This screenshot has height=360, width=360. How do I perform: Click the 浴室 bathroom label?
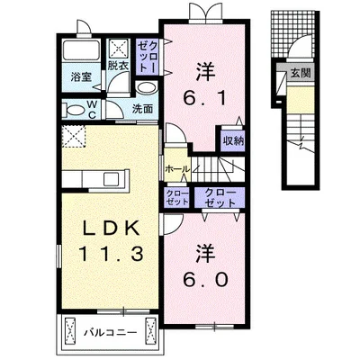click(x=81, y=77)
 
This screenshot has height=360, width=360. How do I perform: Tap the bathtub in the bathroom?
click(x=81, y=49)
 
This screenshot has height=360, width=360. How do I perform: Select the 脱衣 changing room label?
click(x=118, y=66)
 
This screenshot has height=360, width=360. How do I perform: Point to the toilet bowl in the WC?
click(x=75, y=110)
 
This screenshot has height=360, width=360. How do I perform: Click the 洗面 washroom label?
click(x=143, y=109)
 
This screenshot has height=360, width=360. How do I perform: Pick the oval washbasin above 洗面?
click(x=147, y=88)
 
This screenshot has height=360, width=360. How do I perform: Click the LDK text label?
click(x=111, y=229)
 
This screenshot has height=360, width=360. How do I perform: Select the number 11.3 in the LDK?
click(x=111, y=253)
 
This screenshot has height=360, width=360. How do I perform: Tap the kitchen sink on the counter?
click(x=112, y=180)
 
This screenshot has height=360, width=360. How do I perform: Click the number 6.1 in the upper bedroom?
click(x=205, y=98)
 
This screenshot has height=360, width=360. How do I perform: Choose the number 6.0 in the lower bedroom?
click(x=205, y=280)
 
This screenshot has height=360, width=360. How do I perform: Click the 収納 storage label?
click(x=233, y=140)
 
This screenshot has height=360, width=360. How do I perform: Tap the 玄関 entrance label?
click(x=301, y=73)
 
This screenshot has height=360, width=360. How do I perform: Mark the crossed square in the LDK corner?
click(x=74, y=137)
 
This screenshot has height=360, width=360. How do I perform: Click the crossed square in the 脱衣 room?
click(x=119, y=49)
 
